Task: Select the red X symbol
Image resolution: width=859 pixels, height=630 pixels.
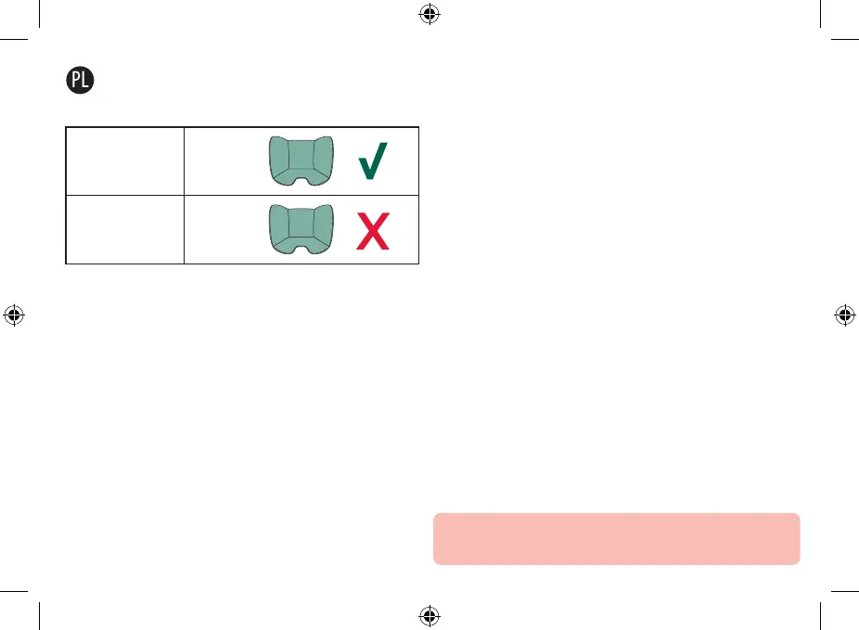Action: (373, 231)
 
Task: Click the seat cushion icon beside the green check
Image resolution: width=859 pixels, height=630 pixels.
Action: (299, 161)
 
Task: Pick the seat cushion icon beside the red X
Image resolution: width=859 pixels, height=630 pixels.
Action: (299, 228)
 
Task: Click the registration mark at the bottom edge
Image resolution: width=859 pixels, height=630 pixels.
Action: (429, 616)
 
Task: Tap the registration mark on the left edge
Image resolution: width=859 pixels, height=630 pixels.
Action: (13, 315)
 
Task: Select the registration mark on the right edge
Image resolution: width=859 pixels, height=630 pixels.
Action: (845, 315)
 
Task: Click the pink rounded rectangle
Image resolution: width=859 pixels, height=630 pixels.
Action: (616, 538)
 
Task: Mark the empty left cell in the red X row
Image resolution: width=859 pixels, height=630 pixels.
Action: (125, 229)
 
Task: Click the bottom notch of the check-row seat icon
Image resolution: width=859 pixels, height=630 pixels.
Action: (299, 179)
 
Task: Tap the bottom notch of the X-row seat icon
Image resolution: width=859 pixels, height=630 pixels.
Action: (299, 248)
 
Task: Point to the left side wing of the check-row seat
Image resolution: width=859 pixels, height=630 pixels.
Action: (276, 158)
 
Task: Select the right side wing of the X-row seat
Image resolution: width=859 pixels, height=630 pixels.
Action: (322, 225)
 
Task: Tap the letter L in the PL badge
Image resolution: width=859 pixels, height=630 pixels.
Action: (87, 80)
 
